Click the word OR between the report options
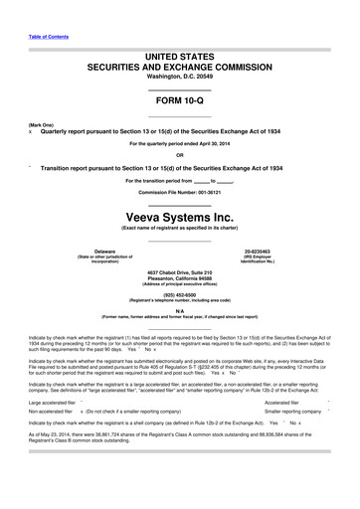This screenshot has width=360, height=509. (179, 155)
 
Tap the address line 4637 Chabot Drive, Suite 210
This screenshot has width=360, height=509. (179, 271)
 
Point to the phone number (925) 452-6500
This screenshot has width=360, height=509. (179, 294)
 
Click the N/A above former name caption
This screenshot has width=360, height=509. (179, 311)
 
